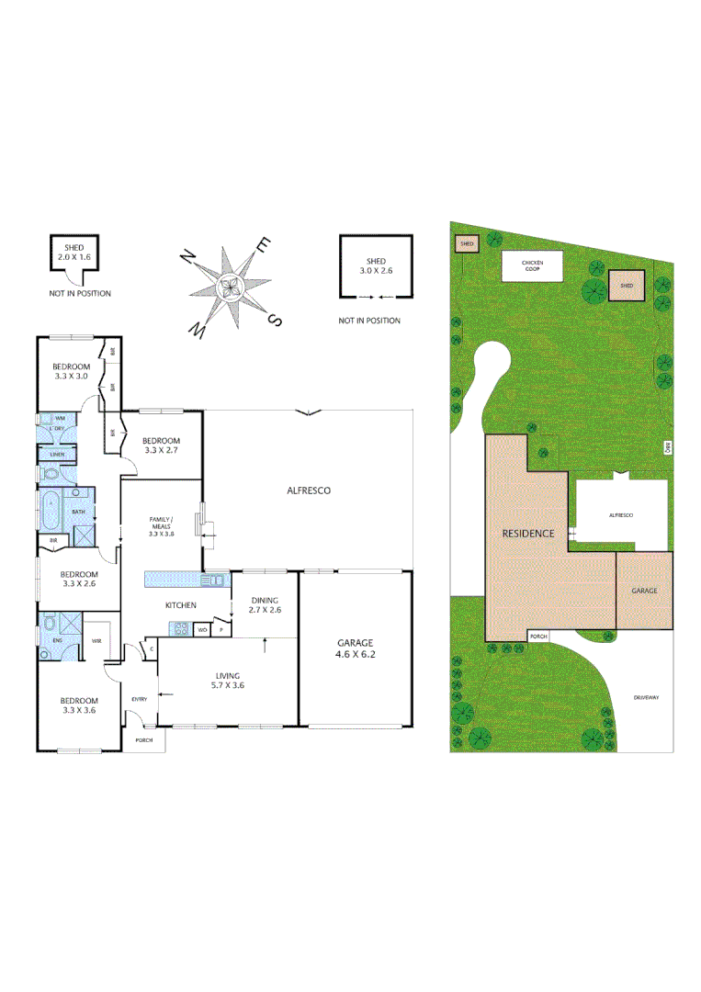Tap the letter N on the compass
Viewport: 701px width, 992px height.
point(187,256)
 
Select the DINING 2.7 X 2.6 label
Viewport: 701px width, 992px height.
point(264,604)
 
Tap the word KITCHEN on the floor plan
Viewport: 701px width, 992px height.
point(180,605)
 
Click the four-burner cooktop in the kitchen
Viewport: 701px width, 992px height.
point(180,629)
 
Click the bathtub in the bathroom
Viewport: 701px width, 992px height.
point(48,511)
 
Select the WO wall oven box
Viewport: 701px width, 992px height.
point(201,629)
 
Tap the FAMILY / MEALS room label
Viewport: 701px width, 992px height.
point(161,525)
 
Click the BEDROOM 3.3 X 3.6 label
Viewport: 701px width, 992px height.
point(79,704)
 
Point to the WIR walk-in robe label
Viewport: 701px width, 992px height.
point(96,641)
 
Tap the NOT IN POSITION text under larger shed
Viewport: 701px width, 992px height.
point(369,321)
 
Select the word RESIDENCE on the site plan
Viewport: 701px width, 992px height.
point(528,533)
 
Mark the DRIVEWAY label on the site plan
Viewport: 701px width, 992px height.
point(646,698)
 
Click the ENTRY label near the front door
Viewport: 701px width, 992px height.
point(140,699)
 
